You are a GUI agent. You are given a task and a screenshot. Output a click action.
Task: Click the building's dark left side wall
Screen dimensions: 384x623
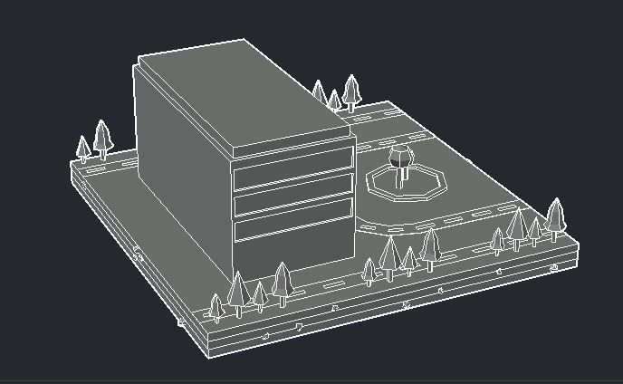click(181, 172)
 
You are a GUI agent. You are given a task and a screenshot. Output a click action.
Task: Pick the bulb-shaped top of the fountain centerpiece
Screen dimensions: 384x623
click(398, 155)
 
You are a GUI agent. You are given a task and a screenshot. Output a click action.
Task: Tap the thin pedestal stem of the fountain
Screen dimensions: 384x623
click(398, 178)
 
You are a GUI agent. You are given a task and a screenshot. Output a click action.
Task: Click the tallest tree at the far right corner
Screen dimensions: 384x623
click(554, 215)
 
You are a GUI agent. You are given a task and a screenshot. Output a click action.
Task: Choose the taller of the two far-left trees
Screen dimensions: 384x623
click(102, 137)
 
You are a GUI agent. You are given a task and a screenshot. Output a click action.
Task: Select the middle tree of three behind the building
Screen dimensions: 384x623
click(334, 99)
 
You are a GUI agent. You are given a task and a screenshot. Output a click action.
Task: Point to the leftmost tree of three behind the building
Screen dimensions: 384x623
click(319, 91)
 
